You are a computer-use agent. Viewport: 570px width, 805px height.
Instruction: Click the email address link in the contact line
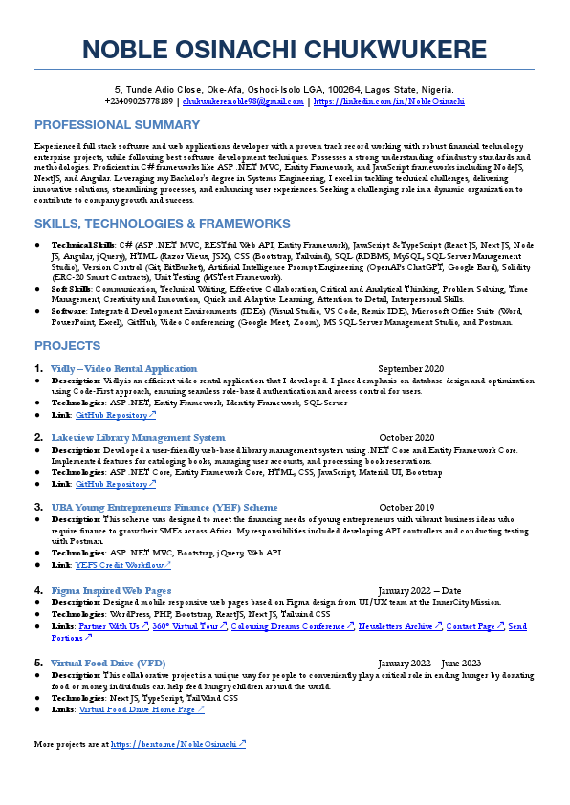tap(243, 100)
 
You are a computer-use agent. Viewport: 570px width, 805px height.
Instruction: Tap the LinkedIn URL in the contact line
tap(389, 100)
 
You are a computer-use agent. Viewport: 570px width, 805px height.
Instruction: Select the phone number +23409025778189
tap(140, 100)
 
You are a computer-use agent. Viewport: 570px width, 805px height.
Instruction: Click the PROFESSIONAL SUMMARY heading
tap(118, 125)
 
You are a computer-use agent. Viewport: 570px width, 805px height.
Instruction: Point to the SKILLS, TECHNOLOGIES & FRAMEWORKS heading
tap(162, 224)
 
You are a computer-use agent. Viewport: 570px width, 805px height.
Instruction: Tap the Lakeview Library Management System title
tap(138, 438)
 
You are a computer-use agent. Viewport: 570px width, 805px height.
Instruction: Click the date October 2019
tap(406, 507)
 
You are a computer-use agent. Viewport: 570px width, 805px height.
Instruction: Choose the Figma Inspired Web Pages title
tap(111, 590)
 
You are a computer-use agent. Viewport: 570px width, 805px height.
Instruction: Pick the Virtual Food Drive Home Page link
tap(142, 710)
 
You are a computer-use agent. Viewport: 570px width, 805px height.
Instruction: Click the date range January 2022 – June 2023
tap(429, 663)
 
